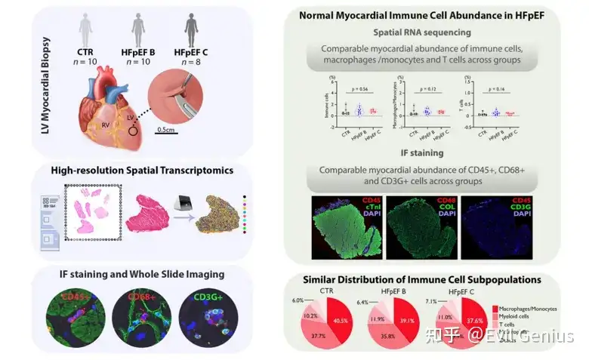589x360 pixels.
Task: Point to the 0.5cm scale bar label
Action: [x=168, y=129]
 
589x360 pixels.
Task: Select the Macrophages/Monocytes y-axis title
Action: [x=395, y=100]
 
